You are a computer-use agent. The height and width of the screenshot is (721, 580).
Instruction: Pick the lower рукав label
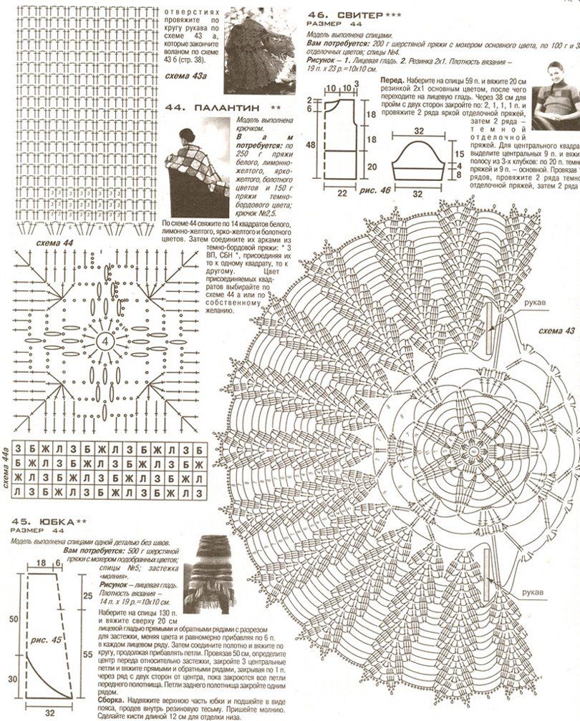click(531, 593)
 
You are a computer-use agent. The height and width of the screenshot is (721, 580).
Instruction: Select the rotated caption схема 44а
click(6, 471)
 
